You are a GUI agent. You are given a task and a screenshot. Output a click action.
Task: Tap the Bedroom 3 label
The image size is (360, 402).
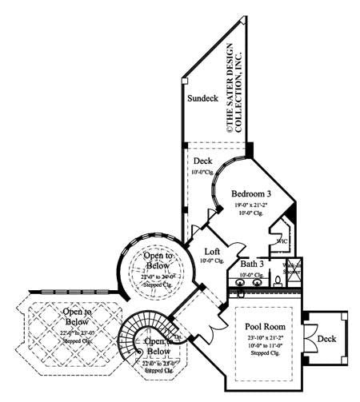coord(251,194)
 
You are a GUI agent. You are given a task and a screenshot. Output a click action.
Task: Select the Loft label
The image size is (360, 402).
coord(212,250)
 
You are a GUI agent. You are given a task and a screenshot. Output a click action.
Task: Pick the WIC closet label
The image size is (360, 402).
coord(282,239)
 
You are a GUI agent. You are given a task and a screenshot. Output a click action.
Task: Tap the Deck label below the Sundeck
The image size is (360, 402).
coord(202,160)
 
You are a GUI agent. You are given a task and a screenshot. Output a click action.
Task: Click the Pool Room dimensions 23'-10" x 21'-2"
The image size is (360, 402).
coord(263,340)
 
